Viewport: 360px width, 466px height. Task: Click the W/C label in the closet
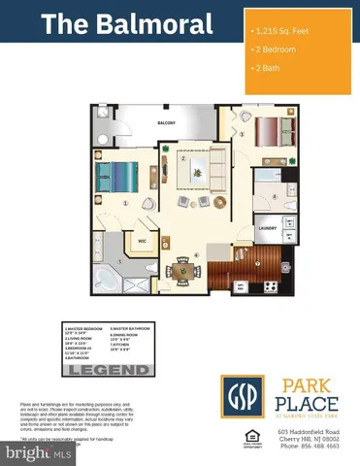pyautogui.click(x=142, y=241)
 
